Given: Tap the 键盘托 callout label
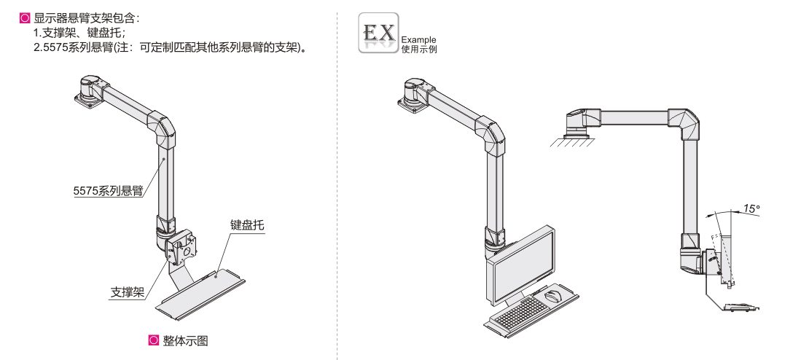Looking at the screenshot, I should pos(246,225).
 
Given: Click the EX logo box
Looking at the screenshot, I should pos(379,33).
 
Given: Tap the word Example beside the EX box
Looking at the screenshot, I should pos(418,39).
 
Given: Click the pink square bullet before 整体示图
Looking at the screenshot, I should pos(153,340).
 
